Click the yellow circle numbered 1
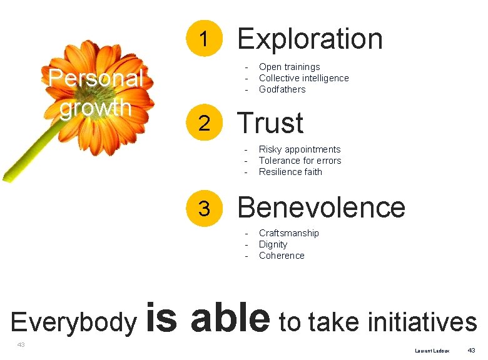(x=204, y=39)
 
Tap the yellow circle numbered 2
(x=204, y=124)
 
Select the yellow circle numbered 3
(x=204, y=207)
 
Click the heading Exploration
(x=310, y=39)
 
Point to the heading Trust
(x=270, y=123)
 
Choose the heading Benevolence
(x=321, y=207)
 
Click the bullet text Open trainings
(x=289, y=67)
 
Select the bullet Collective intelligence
(x=303, y=78)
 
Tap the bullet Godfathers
(x=282, y=89)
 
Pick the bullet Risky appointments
(x=300, y=149)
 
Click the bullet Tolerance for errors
(x=300, y=161)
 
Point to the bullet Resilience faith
(x=290, y=172)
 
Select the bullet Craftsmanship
(x=288, y=233)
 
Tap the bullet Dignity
(x=273, y=244)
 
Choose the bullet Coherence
(x=282, y=256)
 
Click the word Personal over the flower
(x=96, y=79)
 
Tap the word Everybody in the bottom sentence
(x=73, y=322)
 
